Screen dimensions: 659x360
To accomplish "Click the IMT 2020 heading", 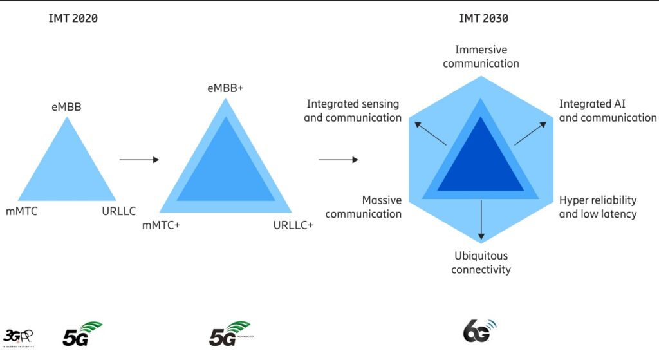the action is point(73,18).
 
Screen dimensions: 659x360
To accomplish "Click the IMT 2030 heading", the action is point(483,18).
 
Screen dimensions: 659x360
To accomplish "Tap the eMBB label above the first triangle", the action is point(66,107).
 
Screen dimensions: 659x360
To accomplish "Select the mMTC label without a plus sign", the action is point(21,211).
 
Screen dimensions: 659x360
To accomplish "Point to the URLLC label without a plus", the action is point(119,211).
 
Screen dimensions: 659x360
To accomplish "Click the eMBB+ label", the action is point(225,88).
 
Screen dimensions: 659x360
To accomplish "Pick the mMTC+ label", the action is point(161,225).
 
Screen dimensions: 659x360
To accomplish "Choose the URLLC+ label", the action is point(293,225).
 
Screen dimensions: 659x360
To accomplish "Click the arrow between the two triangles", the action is point(139,160).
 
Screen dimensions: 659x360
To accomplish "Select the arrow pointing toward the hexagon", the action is point(339,160).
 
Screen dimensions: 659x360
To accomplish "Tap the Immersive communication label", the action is point(481,57).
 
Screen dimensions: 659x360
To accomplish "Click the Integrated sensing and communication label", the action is point(353,111).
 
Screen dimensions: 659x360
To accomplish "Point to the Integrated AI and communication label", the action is point(608,111).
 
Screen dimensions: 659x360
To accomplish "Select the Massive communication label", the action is point(364,207).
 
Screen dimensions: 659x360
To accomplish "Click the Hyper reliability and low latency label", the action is point(598,207).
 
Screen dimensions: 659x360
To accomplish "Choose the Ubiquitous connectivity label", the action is point(481,262).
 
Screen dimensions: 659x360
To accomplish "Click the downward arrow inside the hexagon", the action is point(481,220).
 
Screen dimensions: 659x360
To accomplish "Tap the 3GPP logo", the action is point(19,337).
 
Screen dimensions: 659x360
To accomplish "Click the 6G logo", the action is point(480,331).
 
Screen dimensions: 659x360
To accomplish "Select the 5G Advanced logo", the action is point(230,334).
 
